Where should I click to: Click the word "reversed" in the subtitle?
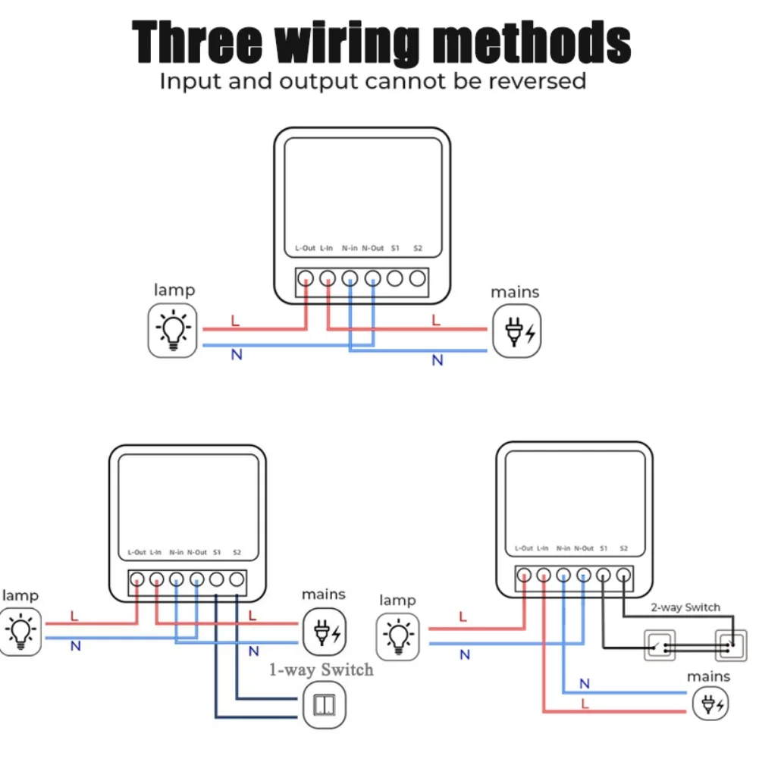(x=537, y=80)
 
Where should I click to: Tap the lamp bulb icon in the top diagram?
(x=173, y=331)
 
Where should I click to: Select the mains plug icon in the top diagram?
(x=517, y=331)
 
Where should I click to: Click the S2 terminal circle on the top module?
(x=417, y=278)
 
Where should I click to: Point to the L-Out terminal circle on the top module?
(x=306, y=278)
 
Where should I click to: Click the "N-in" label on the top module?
(x=350, y=248)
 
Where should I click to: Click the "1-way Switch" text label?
(x=321, y=670)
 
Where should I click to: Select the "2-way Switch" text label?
(x=685, y=607)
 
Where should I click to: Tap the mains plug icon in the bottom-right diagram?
(x=711, y=705)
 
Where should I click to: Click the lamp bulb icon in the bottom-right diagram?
(x=398, y=635)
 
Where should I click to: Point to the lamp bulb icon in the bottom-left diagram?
(x=20, y=629)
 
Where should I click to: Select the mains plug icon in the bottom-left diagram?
(x=325, y=630)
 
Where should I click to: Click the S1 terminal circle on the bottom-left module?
(x=216, y=580)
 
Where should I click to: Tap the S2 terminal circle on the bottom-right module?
(x=623, y=576)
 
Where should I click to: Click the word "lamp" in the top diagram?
(x=174, y=290)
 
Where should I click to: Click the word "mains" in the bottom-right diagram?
(x=708, y=676)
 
